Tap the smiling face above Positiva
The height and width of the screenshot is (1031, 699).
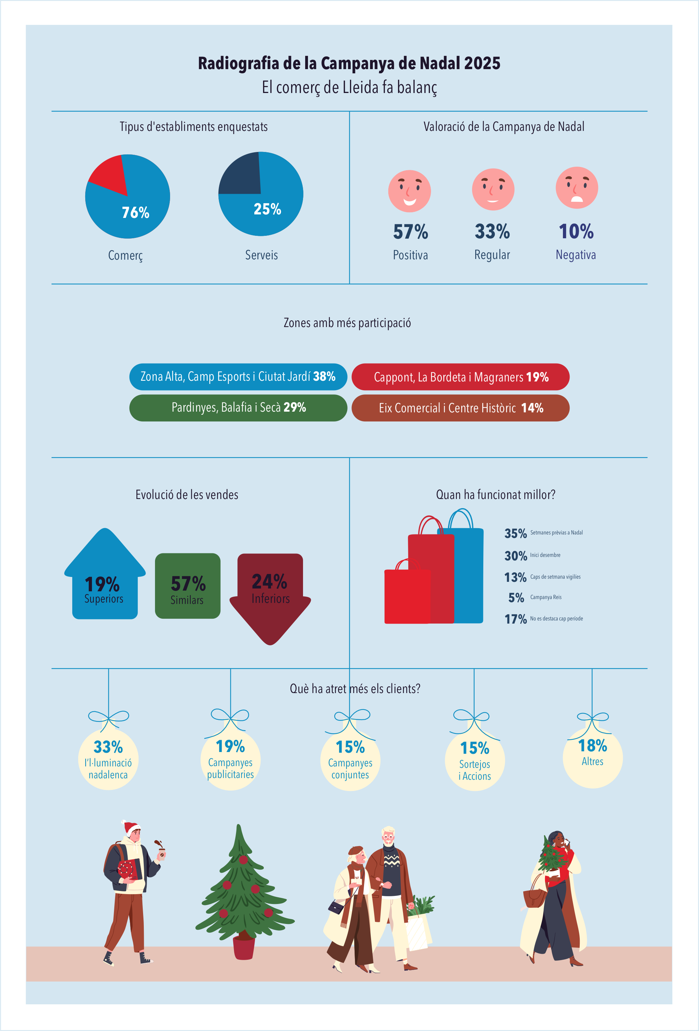(x=409, y=191)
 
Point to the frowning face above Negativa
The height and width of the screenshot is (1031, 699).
(x=577, y=188)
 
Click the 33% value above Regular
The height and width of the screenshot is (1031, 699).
(x=492, y=232)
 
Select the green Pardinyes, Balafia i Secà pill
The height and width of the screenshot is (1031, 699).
(x=238, y=408)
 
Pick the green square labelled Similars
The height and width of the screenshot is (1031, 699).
(x=188, y=586)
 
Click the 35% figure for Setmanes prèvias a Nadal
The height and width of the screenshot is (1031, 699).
(x=515, y=533)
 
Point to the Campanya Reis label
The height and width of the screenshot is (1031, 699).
(x=545, y=597)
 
